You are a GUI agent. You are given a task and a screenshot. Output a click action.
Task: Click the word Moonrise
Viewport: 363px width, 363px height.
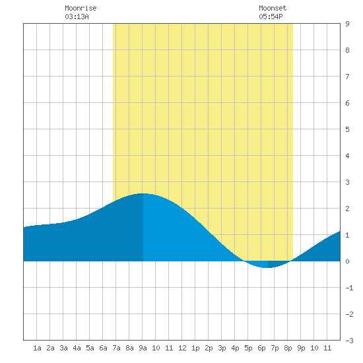[x=81, y=8]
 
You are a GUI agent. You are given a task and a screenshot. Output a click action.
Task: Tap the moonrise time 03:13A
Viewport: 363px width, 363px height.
[x=77, y=16]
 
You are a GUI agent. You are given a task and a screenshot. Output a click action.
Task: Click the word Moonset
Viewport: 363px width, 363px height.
[x=273, y=8]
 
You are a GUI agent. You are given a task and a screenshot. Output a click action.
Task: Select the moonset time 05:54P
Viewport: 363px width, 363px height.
[x=271, y=16]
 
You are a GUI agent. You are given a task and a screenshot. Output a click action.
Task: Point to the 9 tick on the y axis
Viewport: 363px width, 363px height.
[x=347, y=24]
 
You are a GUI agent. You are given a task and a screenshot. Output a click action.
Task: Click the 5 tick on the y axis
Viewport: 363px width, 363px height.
[x=347, y=129]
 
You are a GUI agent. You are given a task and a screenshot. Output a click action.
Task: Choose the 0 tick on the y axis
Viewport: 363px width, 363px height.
[x=347, y=261]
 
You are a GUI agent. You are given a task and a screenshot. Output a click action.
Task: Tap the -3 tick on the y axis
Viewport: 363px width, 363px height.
[x=349, y=341]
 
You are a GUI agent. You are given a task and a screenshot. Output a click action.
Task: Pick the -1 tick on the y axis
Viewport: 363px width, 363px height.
[x=349, y=288]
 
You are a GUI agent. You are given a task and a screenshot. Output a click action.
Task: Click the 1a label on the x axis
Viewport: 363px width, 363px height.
[x=37, y=348]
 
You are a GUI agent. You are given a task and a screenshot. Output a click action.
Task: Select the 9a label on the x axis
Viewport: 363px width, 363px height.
[x=143, y=348]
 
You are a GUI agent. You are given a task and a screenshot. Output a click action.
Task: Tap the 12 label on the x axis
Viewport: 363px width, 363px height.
[x=182, y=348]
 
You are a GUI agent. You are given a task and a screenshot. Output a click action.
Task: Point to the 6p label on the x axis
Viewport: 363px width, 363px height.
[x=261, y=348]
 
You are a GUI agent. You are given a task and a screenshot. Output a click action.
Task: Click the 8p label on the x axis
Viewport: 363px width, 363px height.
[x=288, y=348]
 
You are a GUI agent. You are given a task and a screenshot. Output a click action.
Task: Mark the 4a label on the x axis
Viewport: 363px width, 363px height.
[x=77, y=348]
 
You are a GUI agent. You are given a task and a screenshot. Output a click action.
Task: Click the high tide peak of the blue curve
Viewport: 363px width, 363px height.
[x=143, y=193]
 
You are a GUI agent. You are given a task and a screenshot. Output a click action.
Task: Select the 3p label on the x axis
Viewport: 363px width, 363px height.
[x=222, y=348]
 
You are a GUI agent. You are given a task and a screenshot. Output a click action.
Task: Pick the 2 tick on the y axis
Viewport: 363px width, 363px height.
[x=347, y=209]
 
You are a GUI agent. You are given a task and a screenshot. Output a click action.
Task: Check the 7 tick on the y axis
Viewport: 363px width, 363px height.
[x=347, y=77]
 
